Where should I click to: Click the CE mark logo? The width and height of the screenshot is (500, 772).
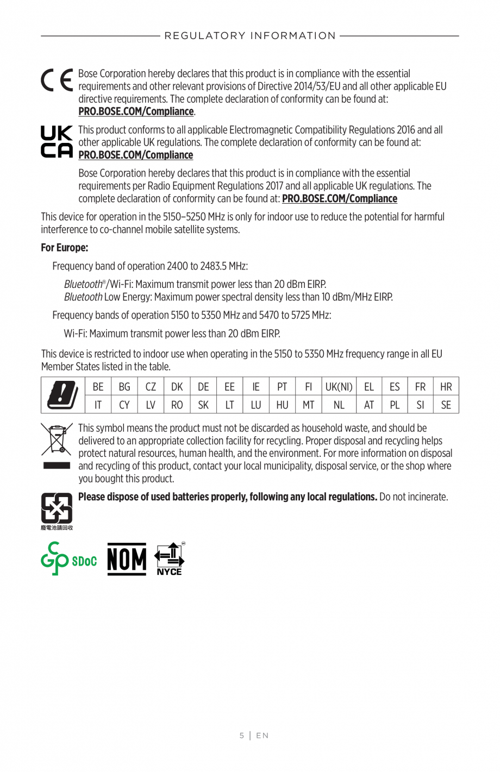tap(57, 80)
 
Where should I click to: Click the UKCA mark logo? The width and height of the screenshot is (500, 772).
tap(57, 142)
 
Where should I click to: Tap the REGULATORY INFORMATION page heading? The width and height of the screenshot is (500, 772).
tap(250, 36)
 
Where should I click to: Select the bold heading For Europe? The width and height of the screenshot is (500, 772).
tap(65, 248)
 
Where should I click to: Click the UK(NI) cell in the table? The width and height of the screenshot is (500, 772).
tap(339, 387)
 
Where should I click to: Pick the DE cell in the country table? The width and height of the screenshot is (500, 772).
tap(203, 387)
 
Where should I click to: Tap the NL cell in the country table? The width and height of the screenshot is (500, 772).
tap(339, 405)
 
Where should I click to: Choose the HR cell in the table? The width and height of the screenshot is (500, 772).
tap(446, 387)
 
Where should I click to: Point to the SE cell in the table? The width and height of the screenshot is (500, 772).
tap(446, 405)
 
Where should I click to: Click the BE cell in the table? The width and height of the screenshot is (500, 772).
tap(98, 387)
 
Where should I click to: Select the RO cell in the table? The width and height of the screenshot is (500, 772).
tap(177, 405)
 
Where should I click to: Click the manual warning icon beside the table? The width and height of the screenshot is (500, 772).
tap(63, 395)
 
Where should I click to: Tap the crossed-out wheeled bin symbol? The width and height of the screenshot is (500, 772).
tap(57, 440)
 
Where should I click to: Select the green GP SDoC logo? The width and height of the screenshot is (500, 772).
tap(68, 559)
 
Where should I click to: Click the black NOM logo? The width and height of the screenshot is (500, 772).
tap(127, 559)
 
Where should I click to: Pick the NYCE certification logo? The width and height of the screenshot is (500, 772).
tap(170, 559)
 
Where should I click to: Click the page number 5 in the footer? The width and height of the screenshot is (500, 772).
tap(242, 736)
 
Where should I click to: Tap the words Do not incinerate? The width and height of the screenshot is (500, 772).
tap(414, 497)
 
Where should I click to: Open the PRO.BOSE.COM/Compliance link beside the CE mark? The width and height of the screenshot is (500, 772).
tap(136, 111)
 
